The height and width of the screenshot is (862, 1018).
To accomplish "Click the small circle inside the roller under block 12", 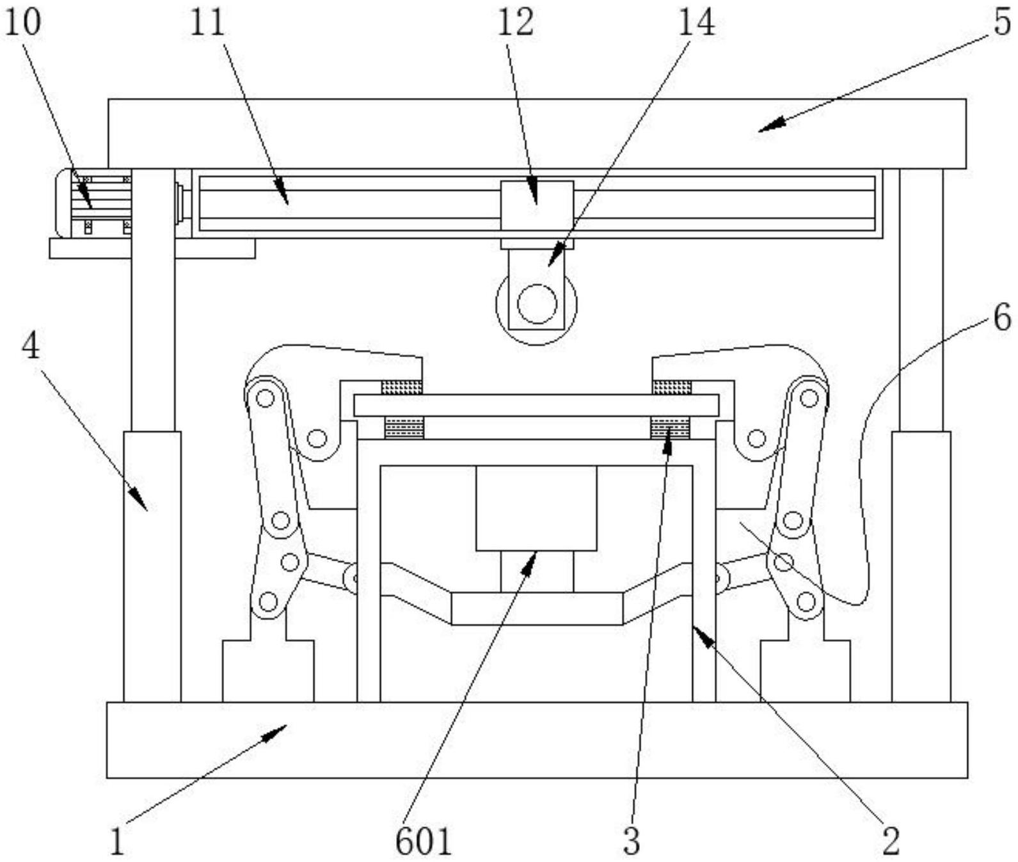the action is coord(537,304).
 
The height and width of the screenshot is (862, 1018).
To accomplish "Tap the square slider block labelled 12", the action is coord(537,205).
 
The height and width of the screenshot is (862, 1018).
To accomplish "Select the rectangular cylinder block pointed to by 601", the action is coord(536,508).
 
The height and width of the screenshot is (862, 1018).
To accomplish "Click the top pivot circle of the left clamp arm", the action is coord(264,399).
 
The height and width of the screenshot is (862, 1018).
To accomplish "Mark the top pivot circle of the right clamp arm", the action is coord(809,399).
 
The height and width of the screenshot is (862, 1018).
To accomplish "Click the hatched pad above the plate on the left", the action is coord(402,387).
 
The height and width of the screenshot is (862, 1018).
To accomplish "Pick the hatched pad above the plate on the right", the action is coord(672,387).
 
